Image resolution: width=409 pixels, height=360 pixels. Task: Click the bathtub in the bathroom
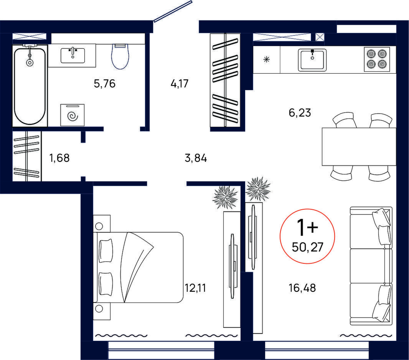coord(30,85)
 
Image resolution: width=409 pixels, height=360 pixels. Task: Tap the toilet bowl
coord(120,56)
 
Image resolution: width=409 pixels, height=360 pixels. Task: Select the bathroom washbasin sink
coord(73,56)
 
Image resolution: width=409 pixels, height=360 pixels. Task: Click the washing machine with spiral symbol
coord(73,115)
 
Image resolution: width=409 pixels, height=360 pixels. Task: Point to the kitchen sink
coord(312,60)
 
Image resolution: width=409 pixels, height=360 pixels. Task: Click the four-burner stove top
coord(377,59)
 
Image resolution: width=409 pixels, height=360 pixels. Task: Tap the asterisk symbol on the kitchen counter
coord(266,60)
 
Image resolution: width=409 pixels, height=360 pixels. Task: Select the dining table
coord(359,146)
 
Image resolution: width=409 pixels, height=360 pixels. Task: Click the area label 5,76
coord(104,84)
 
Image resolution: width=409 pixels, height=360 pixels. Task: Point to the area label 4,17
coord(180,84)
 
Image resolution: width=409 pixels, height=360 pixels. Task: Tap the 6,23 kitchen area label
coord(300,113)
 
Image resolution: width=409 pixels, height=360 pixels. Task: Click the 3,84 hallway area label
coord(196,158)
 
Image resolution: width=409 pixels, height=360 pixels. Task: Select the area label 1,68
coord(59,158)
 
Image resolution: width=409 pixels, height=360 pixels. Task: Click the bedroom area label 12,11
coord(195,288)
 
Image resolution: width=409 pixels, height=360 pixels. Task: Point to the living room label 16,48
coord(302,288)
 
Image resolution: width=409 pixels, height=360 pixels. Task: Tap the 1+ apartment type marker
coord(308,227)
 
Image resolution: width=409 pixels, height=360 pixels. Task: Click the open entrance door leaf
coord(173,11)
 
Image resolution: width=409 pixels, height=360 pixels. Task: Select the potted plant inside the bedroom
coord(226,197)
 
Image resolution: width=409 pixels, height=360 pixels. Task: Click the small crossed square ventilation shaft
coord(319,37)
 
